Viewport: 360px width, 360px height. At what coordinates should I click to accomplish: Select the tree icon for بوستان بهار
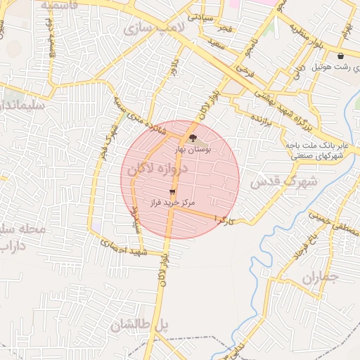coord(193,139)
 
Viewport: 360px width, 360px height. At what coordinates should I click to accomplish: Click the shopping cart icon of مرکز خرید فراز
coord(172,191)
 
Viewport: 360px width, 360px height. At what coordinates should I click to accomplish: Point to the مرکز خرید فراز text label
coord(172,202)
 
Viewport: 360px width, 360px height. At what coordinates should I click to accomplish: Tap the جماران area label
coord(320,277)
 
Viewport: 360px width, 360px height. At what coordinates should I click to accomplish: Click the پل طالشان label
coord(141,325)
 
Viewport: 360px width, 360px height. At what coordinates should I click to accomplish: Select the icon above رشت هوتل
coord(341,56)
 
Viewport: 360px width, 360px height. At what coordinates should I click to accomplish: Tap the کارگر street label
coord(224,220)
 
